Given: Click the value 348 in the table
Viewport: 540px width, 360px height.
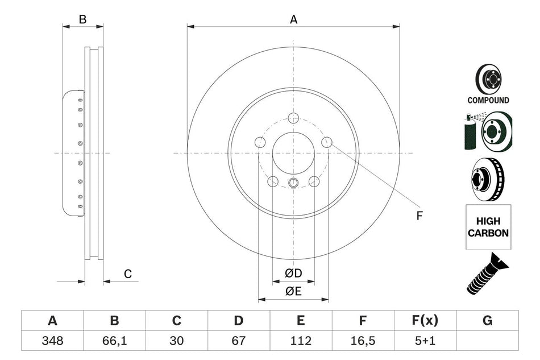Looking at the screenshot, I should point(52,341).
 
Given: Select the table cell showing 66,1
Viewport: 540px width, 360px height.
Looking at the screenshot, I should point(114,341).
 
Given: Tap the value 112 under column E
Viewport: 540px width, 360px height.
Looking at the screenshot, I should point(301,341).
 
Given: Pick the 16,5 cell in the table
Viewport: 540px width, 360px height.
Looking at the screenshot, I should point(363,341).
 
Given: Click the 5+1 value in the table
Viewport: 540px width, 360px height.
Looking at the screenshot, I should point(425,341).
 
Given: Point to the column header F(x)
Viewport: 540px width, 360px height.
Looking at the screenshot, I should point(425,321).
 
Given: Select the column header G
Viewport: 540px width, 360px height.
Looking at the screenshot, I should point(487,321).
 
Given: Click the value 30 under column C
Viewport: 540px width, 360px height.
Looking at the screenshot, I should point(177,341).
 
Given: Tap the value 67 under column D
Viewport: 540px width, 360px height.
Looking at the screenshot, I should point(239,341).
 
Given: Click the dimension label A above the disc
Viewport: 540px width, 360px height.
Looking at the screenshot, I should point(293,19).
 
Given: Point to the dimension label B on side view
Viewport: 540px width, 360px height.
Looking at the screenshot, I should point(82,19).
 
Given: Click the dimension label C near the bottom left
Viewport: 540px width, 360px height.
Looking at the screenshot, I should point(128,274).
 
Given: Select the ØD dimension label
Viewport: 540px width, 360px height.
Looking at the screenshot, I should point(293,274).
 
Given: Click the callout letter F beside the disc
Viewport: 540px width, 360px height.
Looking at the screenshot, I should point(419,216).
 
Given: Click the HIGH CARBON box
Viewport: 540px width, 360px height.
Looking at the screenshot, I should point(488,226).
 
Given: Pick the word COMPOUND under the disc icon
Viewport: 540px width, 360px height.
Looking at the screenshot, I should point(488,100).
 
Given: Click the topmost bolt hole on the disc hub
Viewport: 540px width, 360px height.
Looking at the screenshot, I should point(293,118).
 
